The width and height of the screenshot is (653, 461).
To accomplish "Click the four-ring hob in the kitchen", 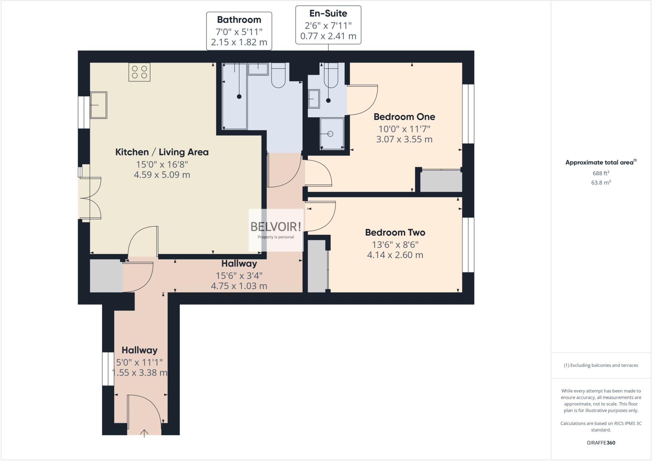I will click(x=139, y=72).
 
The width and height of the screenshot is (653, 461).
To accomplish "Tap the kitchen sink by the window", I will click(x=99, y=105).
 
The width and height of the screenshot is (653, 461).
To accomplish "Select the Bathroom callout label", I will click(x=239, y=31).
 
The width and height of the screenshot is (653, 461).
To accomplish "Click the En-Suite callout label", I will click(x=328, y=25).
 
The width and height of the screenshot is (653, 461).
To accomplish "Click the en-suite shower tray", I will click(x=332, y=133).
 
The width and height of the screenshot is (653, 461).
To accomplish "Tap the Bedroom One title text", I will click(x=404, y=117).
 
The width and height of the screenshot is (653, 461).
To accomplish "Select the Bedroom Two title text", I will click(x=395, y=233).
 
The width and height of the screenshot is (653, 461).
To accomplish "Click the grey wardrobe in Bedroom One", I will click(x=441, y=181).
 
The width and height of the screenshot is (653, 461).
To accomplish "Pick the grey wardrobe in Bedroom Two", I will click(x=317, y=266).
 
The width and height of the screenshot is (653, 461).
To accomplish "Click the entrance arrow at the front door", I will click(x=144, y=433).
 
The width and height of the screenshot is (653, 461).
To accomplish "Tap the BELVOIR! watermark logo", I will click(x=275, y=227).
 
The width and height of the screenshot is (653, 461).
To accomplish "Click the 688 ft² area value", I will click(x=601, y=173).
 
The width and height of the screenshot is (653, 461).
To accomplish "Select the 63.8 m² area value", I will click(x=601, y=183).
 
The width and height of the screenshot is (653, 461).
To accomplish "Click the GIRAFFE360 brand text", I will click(x=601, y=443).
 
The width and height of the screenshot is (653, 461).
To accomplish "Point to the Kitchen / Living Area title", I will click(x=162, y=152).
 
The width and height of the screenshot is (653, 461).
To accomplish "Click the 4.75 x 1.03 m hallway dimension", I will click(x=239, y=286).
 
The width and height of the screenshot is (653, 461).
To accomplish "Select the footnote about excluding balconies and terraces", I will click(x=601, y=365).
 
